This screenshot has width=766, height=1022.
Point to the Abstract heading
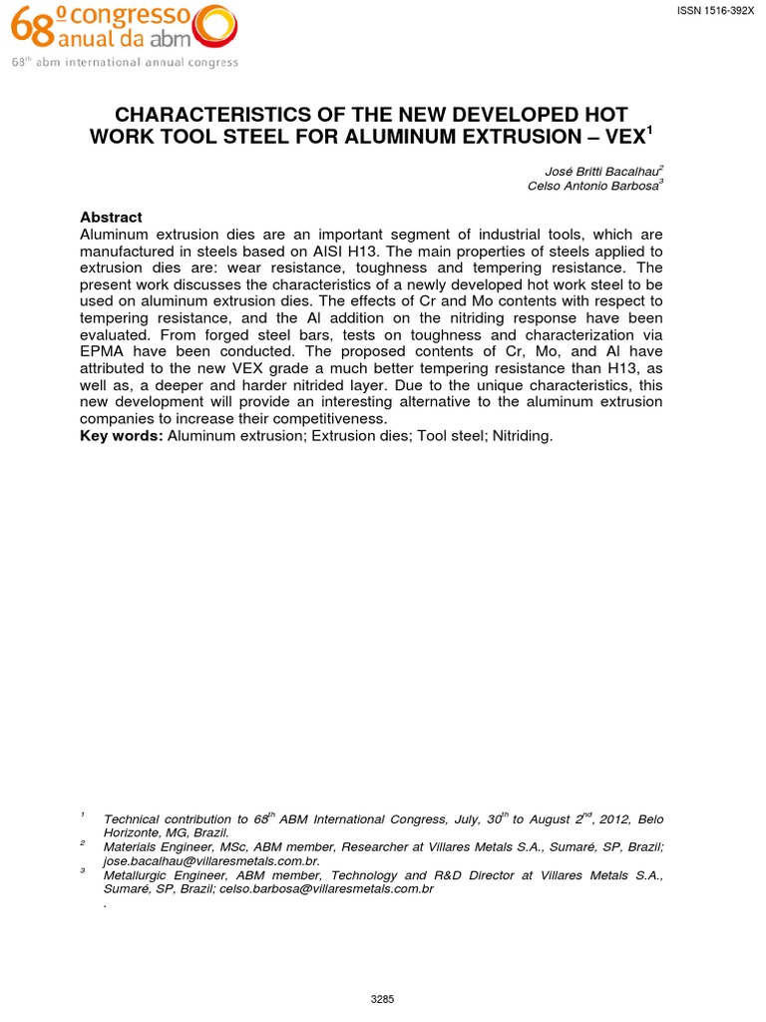[111, 218]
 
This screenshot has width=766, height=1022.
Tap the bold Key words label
[122, 437]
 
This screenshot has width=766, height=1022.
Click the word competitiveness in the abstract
[324, 420]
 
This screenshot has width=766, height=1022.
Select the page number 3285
[383, 998]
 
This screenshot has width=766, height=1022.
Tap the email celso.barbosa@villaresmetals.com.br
[327, 888]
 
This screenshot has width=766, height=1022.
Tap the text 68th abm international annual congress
[125, 63]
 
